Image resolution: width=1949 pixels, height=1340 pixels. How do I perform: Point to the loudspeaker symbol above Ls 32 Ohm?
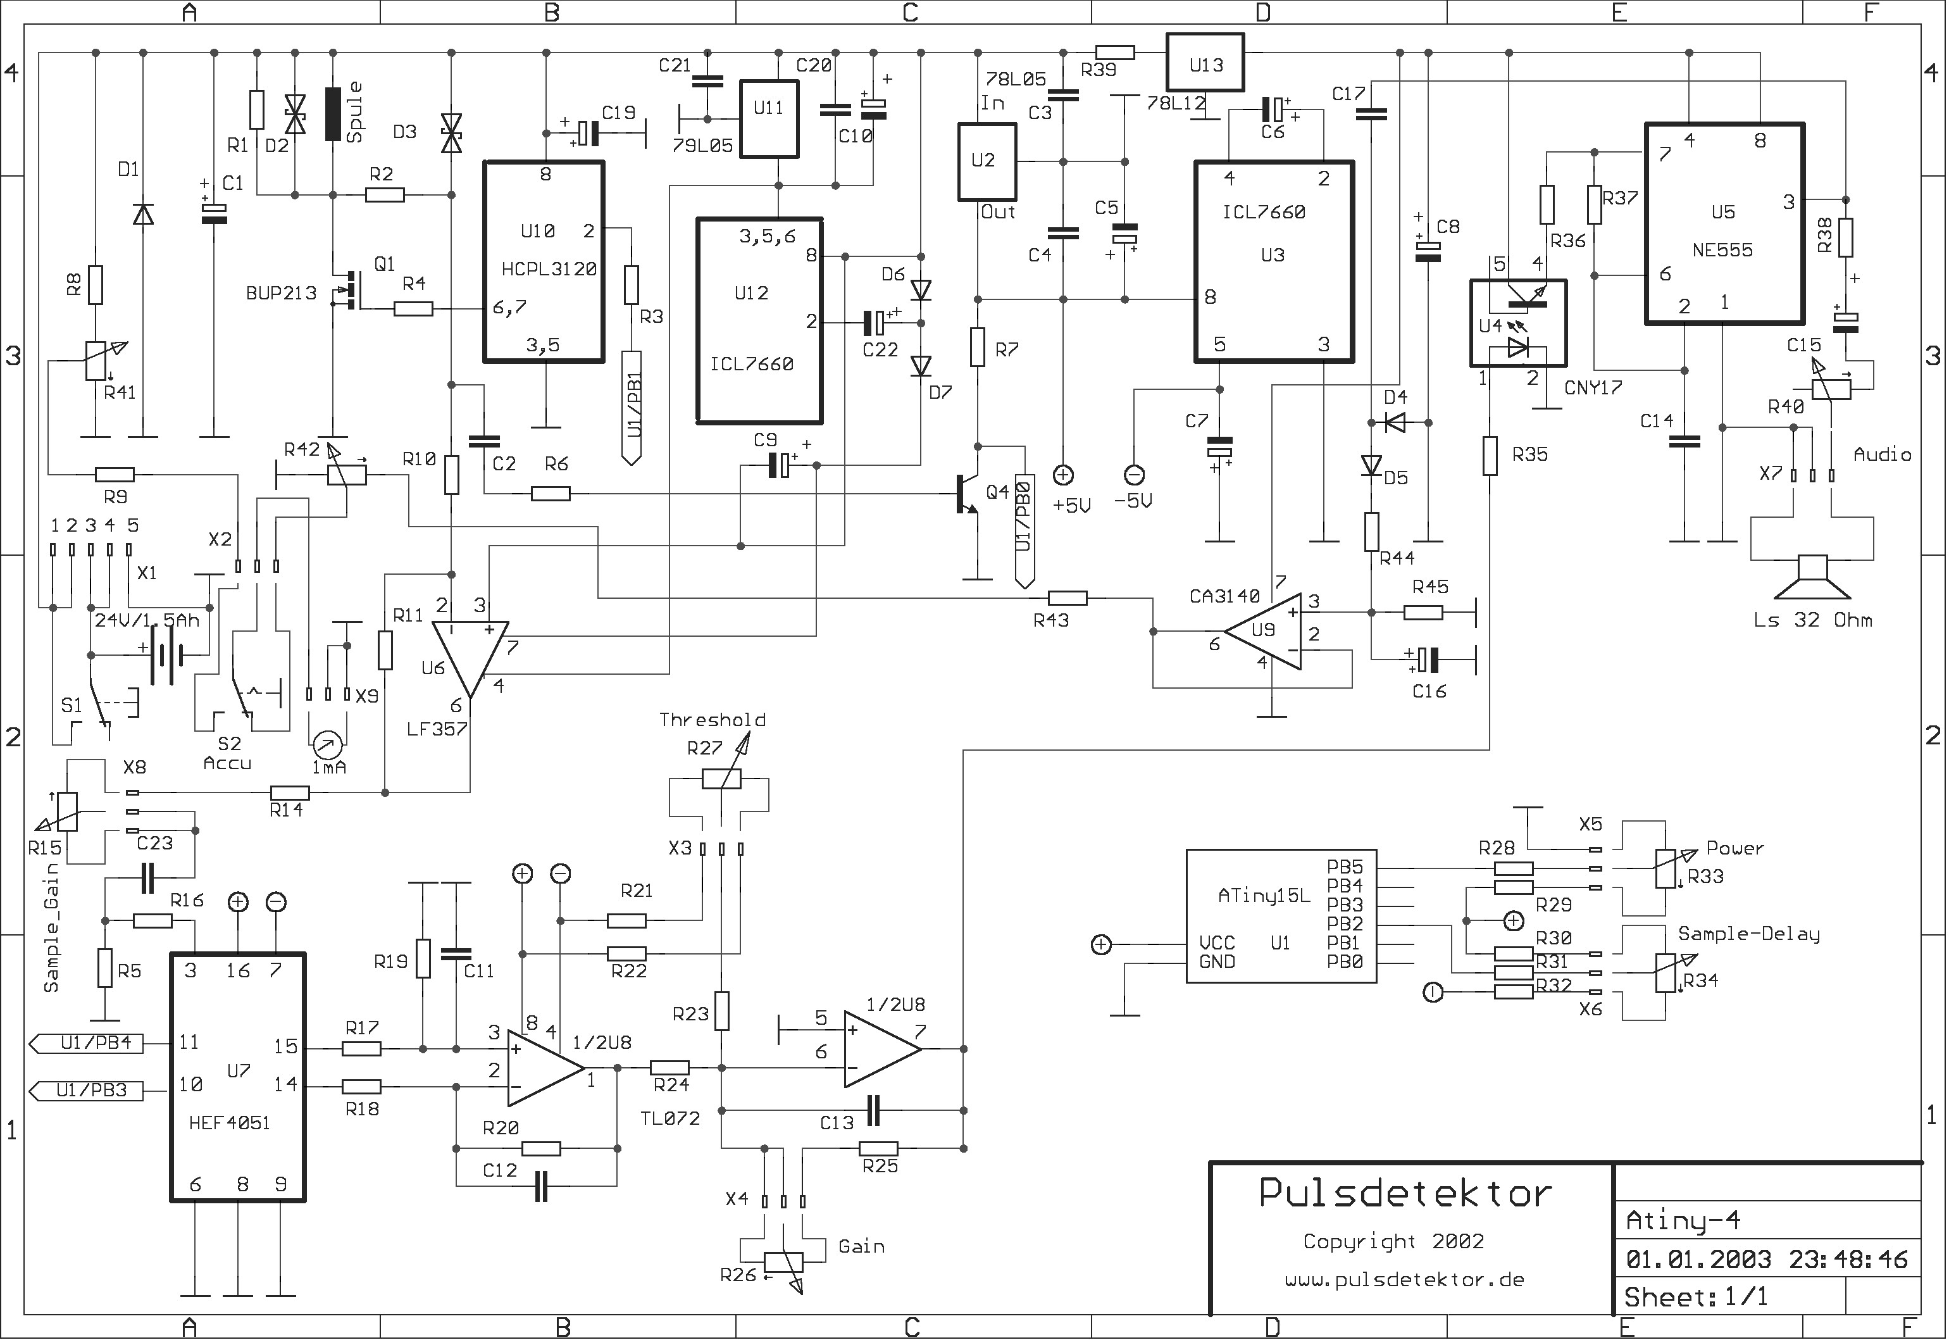1813,577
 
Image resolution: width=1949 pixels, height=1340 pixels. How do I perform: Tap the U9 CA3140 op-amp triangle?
1263,631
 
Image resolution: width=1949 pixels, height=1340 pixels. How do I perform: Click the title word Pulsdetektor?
1406,1194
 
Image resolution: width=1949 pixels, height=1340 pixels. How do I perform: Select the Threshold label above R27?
712,720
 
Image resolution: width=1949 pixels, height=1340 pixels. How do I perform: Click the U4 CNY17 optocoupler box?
1517,323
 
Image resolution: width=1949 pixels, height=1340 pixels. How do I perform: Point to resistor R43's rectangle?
1068,598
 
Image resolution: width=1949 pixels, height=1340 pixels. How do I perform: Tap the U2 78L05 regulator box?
987,162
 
